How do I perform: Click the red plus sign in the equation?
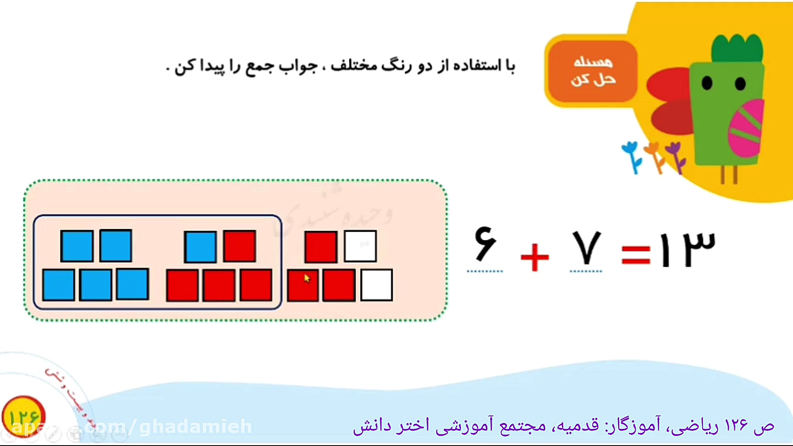tap(535, 257)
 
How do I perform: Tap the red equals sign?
tap(636, 255)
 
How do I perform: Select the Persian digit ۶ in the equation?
tap(485, 244)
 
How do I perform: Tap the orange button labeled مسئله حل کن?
tap(593, 71)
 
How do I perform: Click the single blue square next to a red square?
tap(200, 247)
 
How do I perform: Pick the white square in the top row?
tap(360, 247)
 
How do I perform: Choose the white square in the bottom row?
tap(376, 285)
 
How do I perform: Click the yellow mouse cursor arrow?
tap(306, 278)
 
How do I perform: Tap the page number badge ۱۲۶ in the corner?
tap(24, 417)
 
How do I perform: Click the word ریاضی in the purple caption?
tap(685, 426)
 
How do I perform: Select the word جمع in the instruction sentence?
tap(259, 66)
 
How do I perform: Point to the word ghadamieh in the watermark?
tap(196, 427)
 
